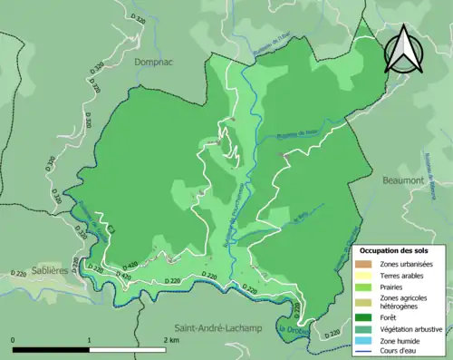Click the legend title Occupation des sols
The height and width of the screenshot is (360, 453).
click(x=396, y=249)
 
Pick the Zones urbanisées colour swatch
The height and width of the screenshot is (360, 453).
click(x=362, y=264)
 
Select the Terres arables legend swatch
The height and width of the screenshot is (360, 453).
click(x=362, y=275)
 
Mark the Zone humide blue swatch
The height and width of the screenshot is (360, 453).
click(x=362, y=340)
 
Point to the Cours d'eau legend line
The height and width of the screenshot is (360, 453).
click(x=362, y=351)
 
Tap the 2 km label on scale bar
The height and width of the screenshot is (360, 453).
click(x=169, y=338)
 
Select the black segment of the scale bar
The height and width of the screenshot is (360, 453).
click(x=52, y=347)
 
